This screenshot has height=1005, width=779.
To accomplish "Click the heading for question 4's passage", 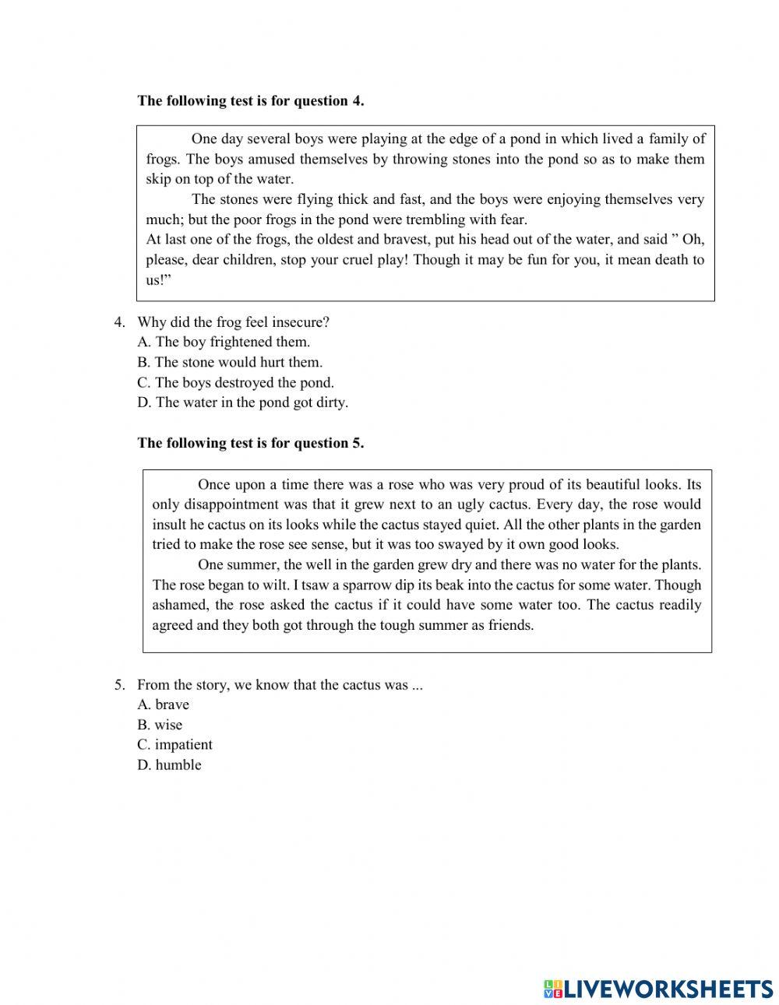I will coord(250,100).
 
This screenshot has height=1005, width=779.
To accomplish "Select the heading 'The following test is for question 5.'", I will coord(250,443).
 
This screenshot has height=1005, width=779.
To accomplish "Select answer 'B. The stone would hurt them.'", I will coord(230,362).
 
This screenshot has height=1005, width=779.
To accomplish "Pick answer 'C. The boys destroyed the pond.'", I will coord(235,382).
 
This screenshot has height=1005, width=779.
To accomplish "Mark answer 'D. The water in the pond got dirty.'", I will coord(242,402).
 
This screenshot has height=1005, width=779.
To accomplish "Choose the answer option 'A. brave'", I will coord(164,705).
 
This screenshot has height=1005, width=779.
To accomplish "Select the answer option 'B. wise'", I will coord(160,725).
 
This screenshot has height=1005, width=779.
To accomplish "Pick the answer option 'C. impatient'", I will coord(174,745).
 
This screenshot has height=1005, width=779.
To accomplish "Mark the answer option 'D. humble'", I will coord(169,765).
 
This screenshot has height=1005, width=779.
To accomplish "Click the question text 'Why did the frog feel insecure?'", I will coord(234,322).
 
